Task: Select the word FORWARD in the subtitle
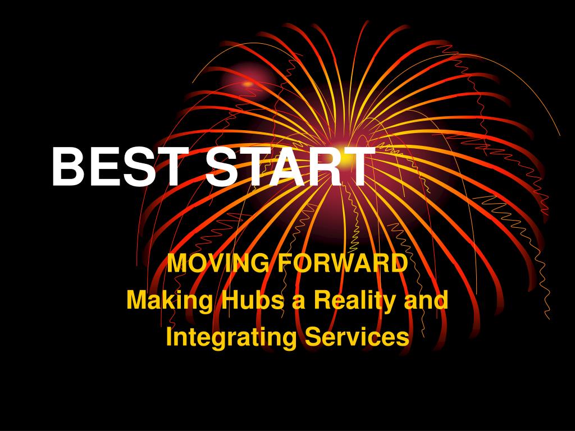(343, 263)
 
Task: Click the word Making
(170, 301)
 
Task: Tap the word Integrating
(231, 337)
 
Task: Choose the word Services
(357, 337)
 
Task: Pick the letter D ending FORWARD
(399, 263)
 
